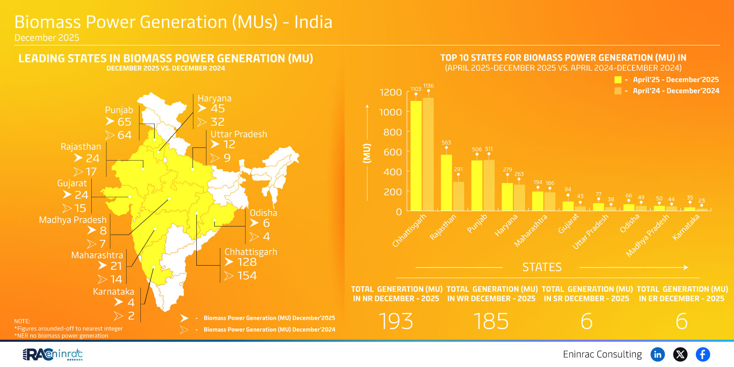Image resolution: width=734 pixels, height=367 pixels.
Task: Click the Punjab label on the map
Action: tap(119, 110)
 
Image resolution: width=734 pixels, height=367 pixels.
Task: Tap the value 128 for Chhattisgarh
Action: tap(247, 262)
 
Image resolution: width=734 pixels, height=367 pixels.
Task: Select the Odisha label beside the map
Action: tap(263, 213)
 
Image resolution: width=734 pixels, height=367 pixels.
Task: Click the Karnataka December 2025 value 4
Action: tap(131, 302)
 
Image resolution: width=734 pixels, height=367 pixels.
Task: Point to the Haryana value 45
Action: tap(217, 109)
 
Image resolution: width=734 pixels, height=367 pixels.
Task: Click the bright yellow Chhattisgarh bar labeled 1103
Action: tap(416, 156)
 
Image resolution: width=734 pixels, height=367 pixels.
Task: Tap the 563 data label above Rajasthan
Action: tap(446, 143)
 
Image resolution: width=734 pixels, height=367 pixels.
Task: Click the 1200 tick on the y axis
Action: tap(390, 92)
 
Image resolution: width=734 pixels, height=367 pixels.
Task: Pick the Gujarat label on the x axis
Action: tap(568, 224)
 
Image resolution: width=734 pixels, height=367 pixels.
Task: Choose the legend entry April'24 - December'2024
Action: tap(676, 91)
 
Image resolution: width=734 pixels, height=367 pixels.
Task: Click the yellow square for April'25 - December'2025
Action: tap(618, 80)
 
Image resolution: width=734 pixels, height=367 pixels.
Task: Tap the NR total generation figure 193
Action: tap(396, 321)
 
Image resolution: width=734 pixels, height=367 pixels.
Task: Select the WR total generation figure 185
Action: tap(491, 321)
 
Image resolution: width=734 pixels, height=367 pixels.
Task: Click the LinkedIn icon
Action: tap(658, 354)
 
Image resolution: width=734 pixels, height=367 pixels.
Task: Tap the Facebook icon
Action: tap(703, 354)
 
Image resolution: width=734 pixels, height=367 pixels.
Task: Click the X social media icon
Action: tap(680, 354)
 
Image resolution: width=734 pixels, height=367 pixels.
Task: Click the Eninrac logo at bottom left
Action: tap(53, 354)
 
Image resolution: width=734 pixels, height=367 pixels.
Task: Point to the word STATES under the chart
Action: tap(542, 267)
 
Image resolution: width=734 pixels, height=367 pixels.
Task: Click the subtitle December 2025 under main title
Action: tap(47, 38)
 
